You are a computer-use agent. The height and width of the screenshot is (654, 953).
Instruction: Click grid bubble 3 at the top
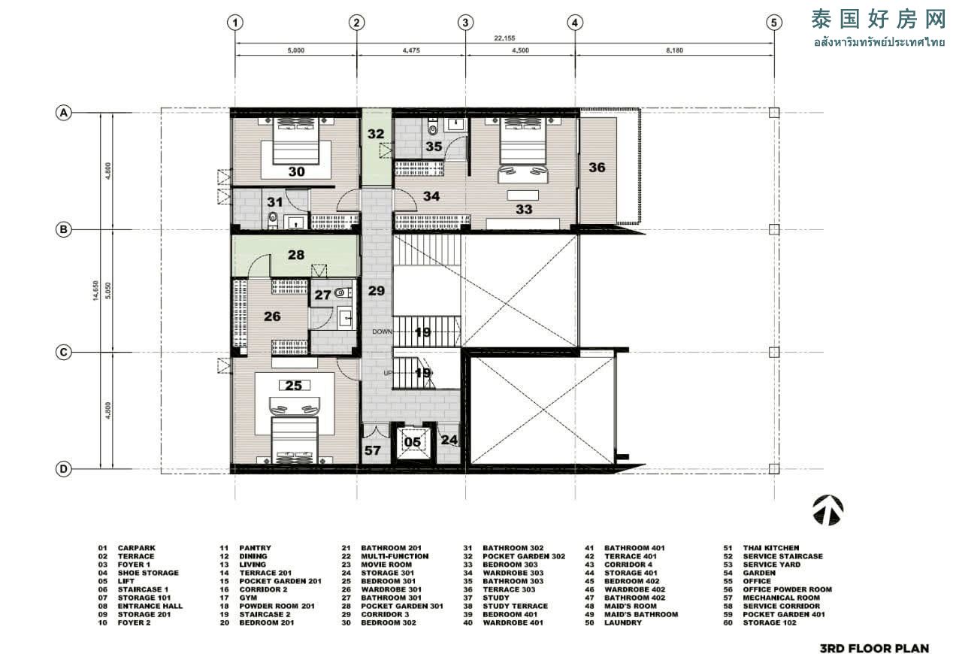tap(465, 23)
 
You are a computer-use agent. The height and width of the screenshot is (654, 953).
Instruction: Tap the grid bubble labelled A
tap(63, 114)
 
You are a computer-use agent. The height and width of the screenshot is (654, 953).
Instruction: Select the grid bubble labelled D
tap(63, 469)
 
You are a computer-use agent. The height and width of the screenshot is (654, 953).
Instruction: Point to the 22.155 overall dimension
tap(504, 38)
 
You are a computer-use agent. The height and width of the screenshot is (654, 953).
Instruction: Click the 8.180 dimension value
tap(674, 50)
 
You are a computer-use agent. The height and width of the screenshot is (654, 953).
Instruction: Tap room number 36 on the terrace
tap(597, 168)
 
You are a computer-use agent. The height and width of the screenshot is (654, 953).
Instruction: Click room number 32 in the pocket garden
tap(376, 134)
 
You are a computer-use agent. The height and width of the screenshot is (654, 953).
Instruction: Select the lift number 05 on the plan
tap(412, 443)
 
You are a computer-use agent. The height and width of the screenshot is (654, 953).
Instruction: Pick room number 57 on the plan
tap(372, 450)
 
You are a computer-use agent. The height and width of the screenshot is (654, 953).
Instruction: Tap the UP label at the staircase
tap(388, 373)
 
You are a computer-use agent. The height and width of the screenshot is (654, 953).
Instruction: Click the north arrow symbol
tap(828, 510)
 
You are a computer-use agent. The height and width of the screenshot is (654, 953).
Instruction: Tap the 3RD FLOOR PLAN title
tap(874, 648)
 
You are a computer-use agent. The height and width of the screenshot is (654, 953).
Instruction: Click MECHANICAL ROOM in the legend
tap(781, 598)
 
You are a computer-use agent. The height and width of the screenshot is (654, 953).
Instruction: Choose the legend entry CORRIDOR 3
tap(385, 614)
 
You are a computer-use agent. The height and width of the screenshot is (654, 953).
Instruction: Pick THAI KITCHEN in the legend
tap(771, 548)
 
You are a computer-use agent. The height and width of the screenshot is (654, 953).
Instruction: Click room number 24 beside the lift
tap(449, 440)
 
